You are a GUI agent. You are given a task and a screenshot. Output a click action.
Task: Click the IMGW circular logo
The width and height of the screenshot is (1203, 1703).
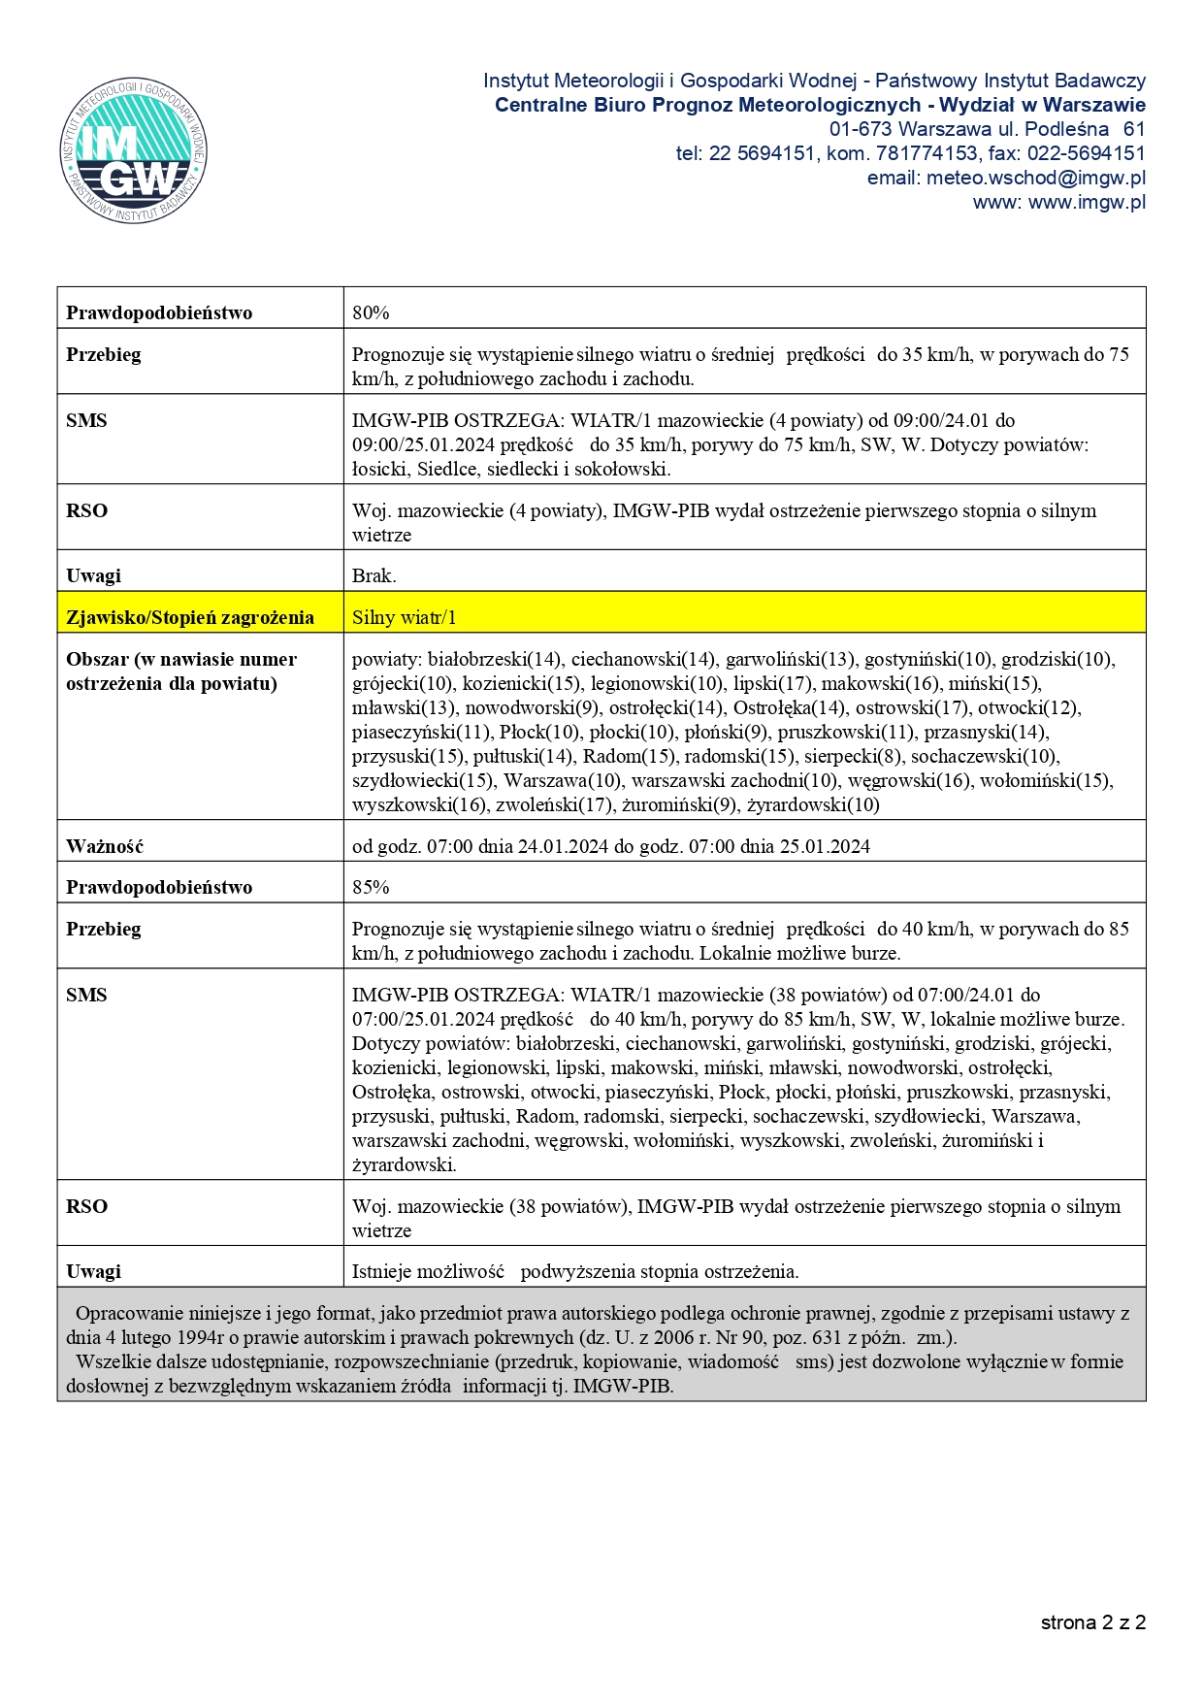134,150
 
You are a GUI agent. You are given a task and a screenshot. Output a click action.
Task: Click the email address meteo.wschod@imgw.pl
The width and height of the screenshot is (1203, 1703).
1035,179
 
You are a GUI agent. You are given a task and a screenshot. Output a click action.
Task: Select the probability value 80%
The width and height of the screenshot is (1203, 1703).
371,312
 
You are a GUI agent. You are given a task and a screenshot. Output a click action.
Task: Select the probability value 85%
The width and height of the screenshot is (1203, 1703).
371,887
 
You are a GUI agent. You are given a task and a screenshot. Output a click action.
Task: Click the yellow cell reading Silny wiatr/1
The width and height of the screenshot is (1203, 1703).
404,617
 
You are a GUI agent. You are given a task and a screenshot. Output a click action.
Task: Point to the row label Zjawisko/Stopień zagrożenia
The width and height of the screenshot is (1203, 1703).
190,617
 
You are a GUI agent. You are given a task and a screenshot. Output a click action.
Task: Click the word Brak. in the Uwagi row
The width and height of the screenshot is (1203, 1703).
374,575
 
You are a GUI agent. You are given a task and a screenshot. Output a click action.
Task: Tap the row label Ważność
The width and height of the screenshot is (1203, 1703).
105,846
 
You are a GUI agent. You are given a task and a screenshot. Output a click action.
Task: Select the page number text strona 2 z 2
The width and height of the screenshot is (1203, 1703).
1093,1622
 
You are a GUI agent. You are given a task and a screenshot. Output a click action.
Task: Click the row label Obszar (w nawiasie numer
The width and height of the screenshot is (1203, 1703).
181,660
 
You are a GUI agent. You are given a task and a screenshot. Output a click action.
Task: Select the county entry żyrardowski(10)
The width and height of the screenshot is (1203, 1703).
813,804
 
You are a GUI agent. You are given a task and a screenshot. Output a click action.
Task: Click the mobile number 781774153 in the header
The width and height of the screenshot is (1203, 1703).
927,153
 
